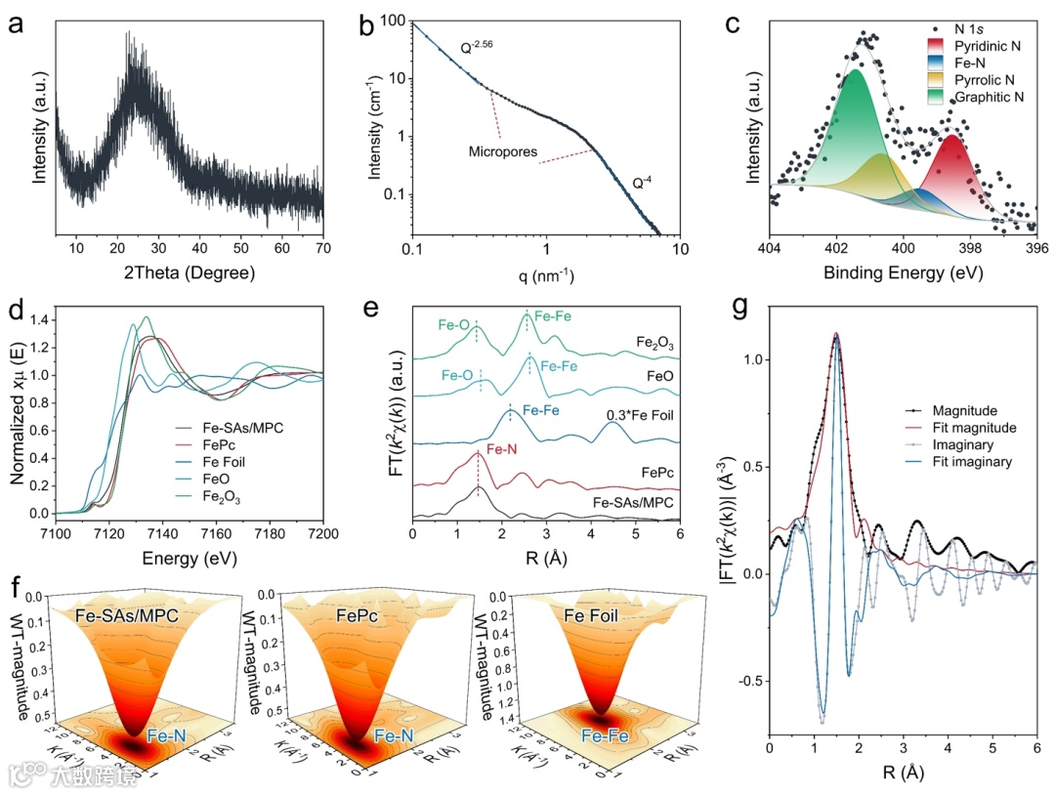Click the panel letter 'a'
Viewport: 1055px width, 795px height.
coord(16,23)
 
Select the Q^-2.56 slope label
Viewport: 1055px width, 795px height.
coord(481,46)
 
